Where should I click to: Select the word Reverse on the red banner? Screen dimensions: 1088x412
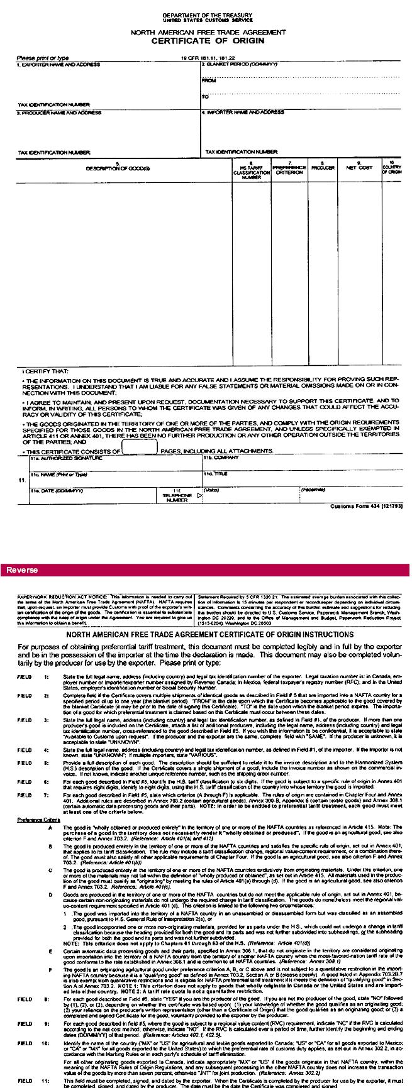20,570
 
